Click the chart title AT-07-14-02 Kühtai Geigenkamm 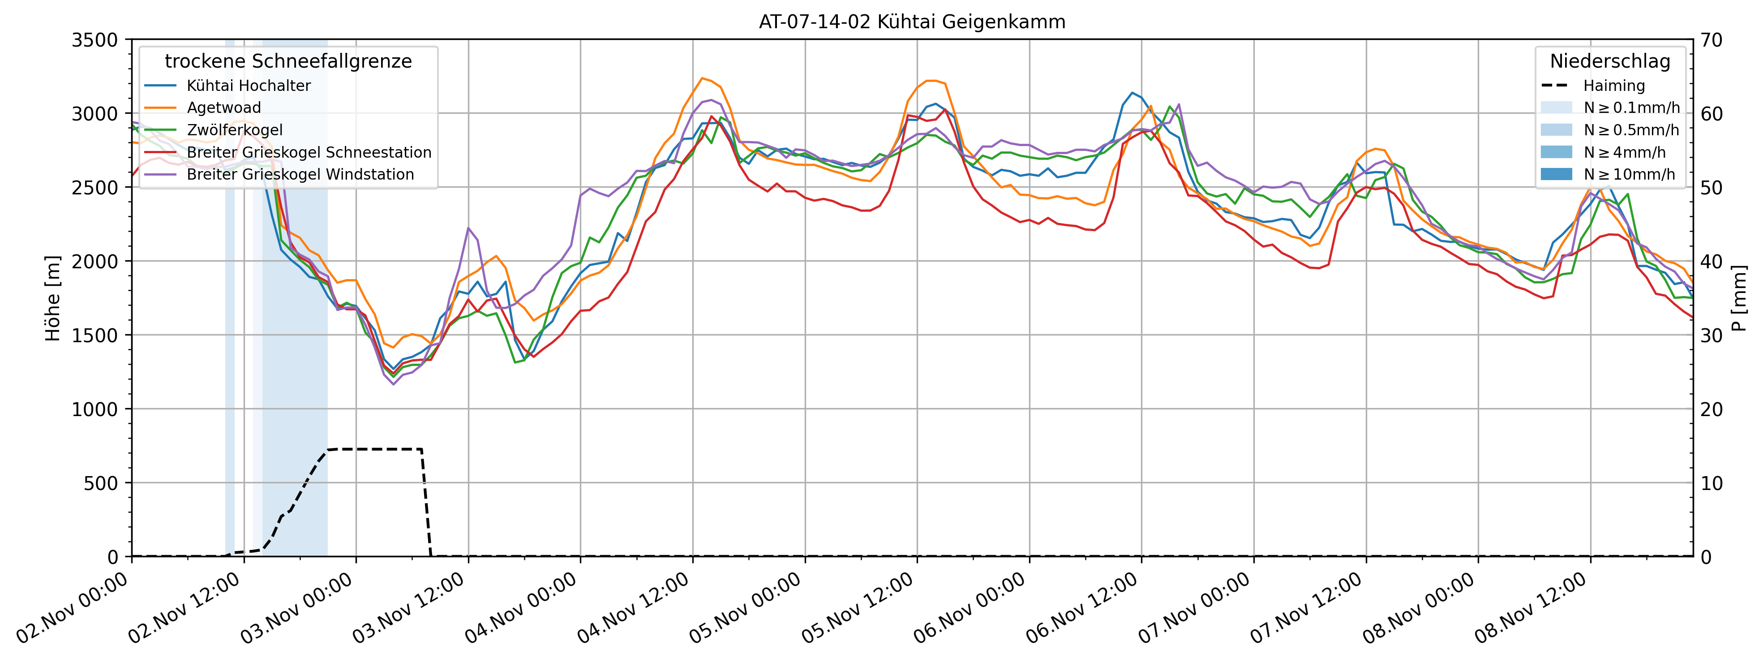click(912, 22)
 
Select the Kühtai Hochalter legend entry click(249, 86)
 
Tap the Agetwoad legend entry click(224, 107)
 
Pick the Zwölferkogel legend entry click(234, 130)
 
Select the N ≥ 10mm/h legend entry click(1629, 175)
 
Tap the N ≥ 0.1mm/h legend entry click(1631, 107)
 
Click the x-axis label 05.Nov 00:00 click(746, 607)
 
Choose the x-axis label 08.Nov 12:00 click(1531, 607)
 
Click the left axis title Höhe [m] click(53, 298)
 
